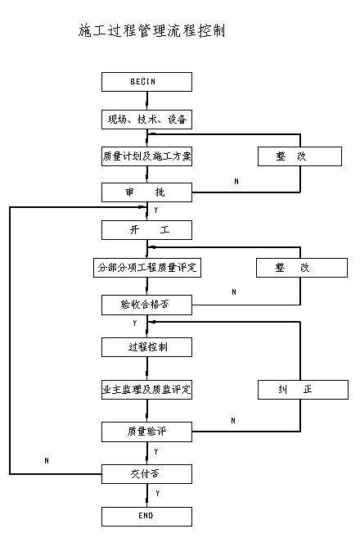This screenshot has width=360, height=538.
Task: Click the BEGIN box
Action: tap(146, 82)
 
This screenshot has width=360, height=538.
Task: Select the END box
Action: tap(146, 517)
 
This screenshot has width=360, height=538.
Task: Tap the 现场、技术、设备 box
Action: tap(146, 120)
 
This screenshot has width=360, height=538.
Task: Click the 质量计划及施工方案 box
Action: tap(146, 156)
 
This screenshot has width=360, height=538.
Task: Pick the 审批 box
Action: tap(146, 192)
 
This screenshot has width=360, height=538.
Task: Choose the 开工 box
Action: tap(146, 230)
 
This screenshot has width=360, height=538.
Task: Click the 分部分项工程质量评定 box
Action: tap(147, 268)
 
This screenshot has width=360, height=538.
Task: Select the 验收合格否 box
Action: tap(146, 305)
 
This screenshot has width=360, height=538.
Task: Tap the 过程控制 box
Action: tap(146, 347)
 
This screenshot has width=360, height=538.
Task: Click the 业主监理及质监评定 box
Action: tap(146, 390)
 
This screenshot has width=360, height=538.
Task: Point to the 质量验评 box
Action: tap(146, 432)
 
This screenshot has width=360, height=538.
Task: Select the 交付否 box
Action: tap(146, 474)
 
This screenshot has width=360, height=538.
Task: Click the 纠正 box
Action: tap(303, 390)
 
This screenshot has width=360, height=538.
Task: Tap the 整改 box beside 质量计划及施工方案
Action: tap(299, 156)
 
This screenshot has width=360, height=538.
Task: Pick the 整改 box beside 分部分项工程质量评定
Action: tap(302, 268)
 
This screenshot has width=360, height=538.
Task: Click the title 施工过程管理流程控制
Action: tap(151, 30)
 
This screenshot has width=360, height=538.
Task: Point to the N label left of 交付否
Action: tap(47, 460)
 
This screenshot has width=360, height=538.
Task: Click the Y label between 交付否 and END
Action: tap(157, 494)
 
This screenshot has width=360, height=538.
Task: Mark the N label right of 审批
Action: tap(236, 181)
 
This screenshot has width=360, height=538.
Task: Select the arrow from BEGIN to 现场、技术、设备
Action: tap(147, 101)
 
